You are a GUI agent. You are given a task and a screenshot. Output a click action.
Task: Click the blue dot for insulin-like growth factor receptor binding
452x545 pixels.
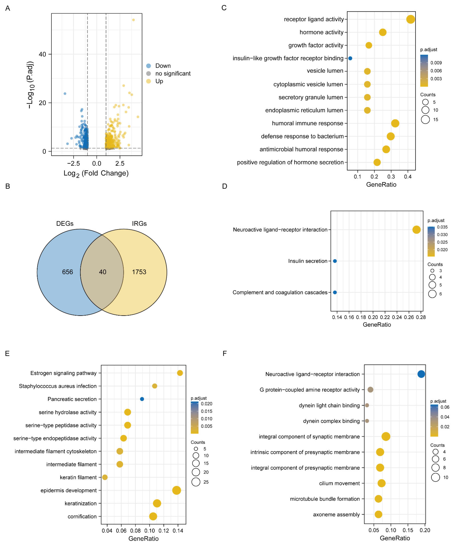tap(350, 58)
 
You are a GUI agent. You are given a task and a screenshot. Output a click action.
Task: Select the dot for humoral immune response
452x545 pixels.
tap(395, 123)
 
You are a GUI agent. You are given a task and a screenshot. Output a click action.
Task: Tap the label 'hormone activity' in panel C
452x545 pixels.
tap(321, 32)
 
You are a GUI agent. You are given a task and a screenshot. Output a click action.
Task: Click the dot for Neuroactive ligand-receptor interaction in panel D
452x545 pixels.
tap(416, 230)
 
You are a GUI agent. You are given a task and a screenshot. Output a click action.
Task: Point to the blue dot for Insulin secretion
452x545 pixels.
tap(335, 261)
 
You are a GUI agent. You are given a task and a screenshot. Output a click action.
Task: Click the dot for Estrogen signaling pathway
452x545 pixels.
tap(180, 373)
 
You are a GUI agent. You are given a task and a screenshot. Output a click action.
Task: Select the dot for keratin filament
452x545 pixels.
tap(105, 477)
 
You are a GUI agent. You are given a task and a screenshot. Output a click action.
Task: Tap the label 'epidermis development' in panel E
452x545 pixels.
tap(69, 490)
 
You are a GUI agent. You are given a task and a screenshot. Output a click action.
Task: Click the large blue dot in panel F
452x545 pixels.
tap(421, 374)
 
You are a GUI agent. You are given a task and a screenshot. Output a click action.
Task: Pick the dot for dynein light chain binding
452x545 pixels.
tap(367, 405)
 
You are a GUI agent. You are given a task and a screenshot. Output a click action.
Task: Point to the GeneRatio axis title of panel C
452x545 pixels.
tap(381, 185)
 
